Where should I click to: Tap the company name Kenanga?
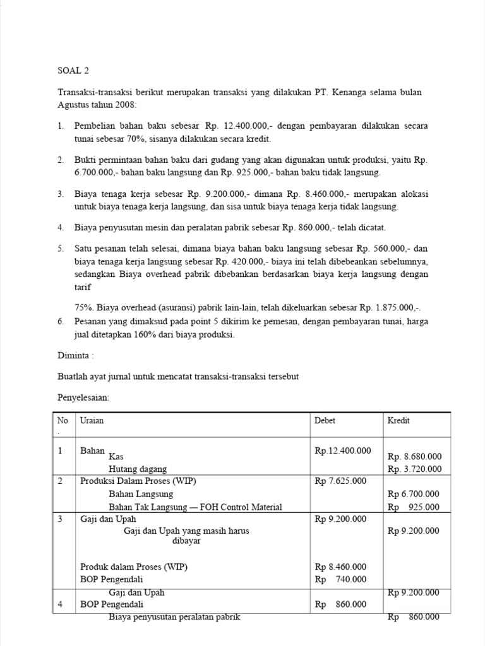click(x=354, y=93)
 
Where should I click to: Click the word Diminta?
click(x=75, y=356)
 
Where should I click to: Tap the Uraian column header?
click(x=91, y=420)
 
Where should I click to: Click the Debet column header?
click(x=325, y=420)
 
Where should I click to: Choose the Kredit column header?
click(x=398, y=420)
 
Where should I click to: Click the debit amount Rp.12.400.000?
click(x=342, y=451)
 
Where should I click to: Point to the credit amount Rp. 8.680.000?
click(x=414, y=457)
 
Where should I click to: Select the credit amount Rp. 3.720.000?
click(x=414, y=469)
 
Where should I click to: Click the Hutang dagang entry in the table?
click(x=138, y=469)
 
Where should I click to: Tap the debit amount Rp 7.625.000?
click(x=340, y=481)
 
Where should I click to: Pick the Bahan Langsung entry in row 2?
click(x=141, y=494)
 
